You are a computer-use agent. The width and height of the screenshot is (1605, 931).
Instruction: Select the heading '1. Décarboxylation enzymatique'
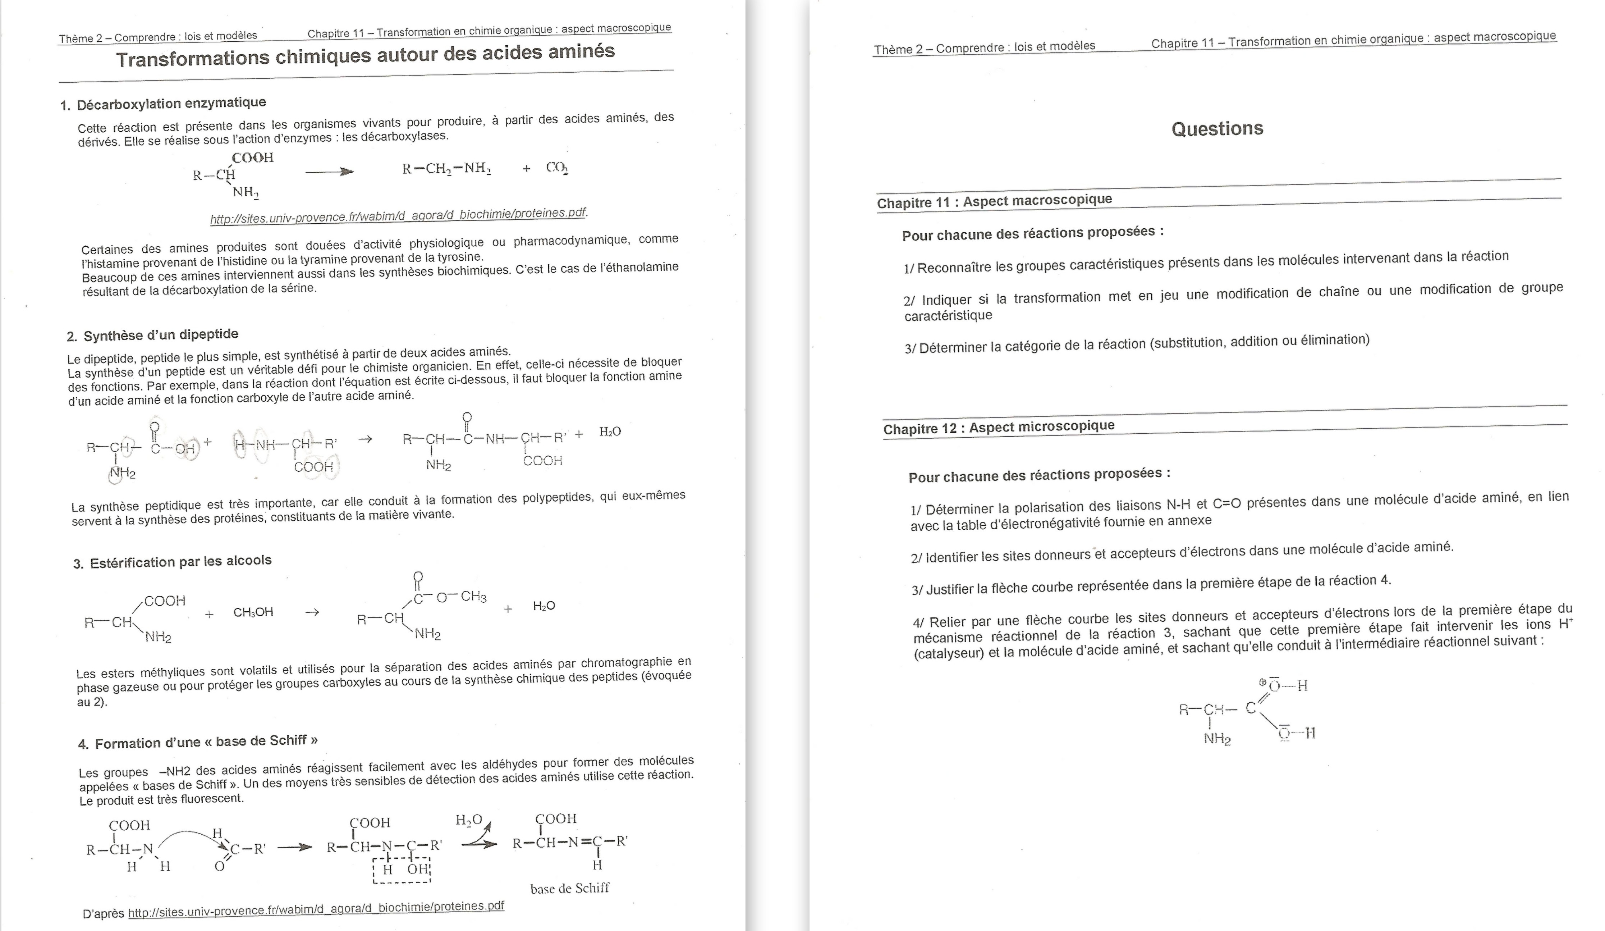tap(163, 103)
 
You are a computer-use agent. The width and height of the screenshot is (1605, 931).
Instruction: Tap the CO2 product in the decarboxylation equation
tap(557, 168)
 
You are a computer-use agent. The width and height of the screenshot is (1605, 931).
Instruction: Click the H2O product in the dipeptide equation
tap(610, 432)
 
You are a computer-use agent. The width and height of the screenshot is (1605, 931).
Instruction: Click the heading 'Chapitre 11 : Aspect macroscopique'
tap(994, 201)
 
